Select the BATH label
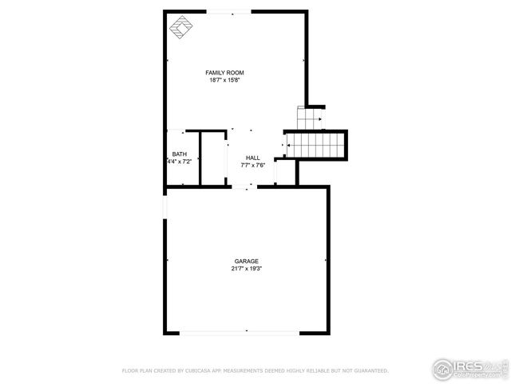[180, 154]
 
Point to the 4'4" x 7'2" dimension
[180, 162]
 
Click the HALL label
[252, 158]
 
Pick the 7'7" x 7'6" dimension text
[252, 166]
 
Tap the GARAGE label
[246, 262]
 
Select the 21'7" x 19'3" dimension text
[246, 269]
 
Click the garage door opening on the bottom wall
[247, 332]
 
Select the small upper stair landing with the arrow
[308, 117]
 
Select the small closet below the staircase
[285, 172]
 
